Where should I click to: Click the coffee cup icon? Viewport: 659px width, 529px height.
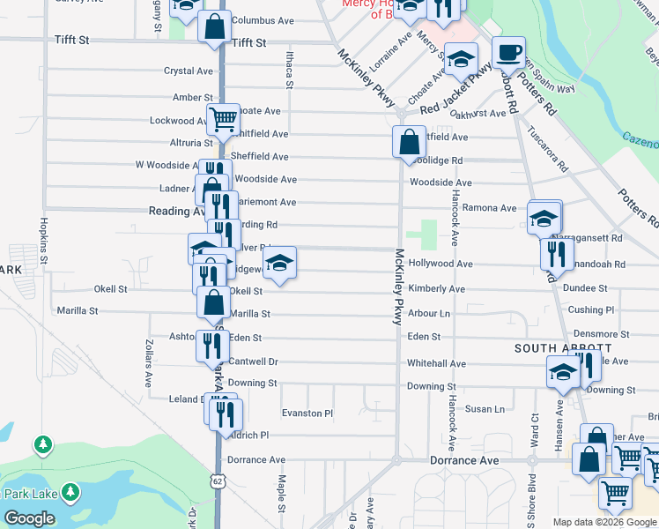[x=508, y=52]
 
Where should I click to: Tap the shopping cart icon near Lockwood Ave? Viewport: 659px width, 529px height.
[x=223, y=118]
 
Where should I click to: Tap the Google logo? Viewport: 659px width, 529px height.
[x=29, y=518]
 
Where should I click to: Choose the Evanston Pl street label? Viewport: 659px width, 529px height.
[x=307, y=413]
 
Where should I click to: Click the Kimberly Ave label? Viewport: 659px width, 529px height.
[x=436, y=289]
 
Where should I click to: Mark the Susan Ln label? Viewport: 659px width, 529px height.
[x=485, y=409]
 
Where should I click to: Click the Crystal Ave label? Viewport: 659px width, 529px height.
[x=189, y=71]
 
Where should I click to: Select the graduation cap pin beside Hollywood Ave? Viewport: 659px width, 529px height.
[x=280, y=263]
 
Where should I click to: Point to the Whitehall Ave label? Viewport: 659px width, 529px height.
[x=436, y=363]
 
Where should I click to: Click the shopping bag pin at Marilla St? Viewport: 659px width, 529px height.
[x=213, y=302]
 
